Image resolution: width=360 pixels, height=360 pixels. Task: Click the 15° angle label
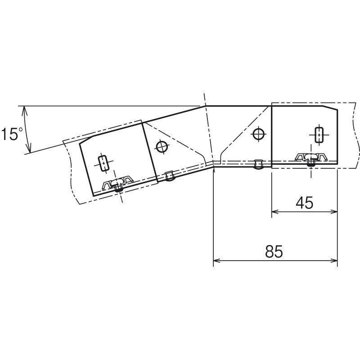(x=12, y=134)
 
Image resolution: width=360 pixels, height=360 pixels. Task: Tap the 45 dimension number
(x=304, y=202)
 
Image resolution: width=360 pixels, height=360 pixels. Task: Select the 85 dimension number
(x=274, y=252)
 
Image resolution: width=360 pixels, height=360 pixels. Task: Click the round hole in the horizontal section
(x=258, y=134)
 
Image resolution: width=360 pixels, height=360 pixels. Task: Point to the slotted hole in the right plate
(x=319, y=135)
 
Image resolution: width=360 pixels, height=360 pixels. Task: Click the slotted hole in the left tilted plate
(x=103, y=163)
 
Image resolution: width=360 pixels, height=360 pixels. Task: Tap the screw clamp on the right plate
(x=311, y=159)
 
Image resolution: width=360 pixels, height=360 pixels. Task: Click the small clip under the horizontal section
(x=258, y=164)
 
